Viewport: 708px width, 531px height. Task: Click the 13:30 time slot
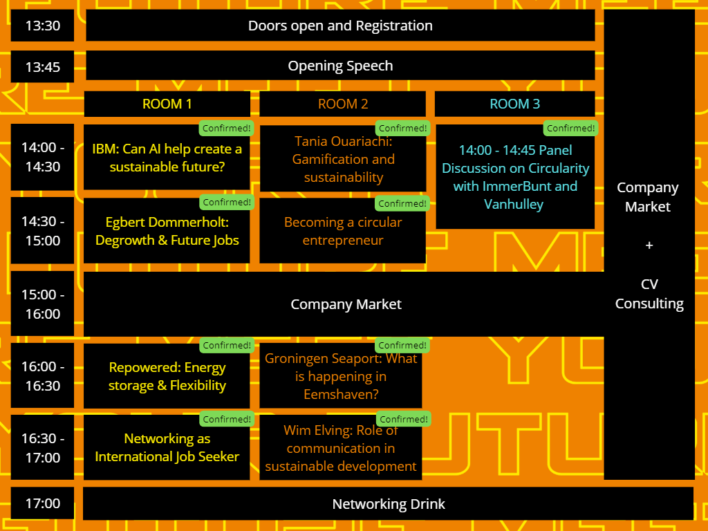click(43, 26)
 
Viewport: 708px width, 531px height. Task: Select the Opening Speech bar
click(340, 66)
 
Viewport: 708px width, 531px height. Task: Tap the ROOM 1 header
click(167, 104)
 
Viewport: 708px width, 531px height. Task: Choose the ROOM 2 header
click(343, 104)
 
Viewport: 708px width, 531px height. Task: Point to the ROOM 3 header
click(514, 104)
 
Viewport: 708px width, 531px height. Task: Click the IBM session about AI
click(167, 158)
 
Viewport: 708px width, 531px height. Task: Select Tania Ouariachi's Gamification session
click(343, 160)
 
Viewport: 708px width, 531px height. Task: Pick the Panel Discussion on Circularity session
click(515, 177)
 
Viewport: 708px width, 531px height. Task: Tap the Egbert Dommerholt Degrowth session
click(167, 232)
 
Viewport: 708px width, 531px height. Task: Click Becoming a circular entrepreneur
click(343, 232)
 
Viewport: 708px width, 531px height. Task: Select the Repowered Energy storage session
click(167, 377)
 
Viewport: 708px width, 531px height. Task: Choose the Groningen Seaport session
click(341, 377)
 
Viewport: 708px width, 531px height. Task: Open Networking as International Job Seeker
click(167, 448)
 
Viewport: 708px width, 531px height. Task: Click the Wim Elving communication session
click(341, 449)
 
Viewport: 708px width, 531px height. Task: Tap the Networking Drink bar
click(389, 504)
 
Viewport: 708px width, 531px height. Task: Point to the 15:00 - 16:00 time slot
click(43, 304)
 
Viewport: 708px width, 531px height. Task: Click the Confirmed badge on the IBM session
click(226, 129)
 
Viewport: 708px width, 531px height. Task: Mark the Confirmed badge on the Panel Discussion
click(571, 129)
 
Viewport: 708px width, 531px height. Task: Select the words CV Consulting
click(649, 294)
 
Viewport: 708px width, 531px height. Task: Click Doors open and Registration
click(340, 26)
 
